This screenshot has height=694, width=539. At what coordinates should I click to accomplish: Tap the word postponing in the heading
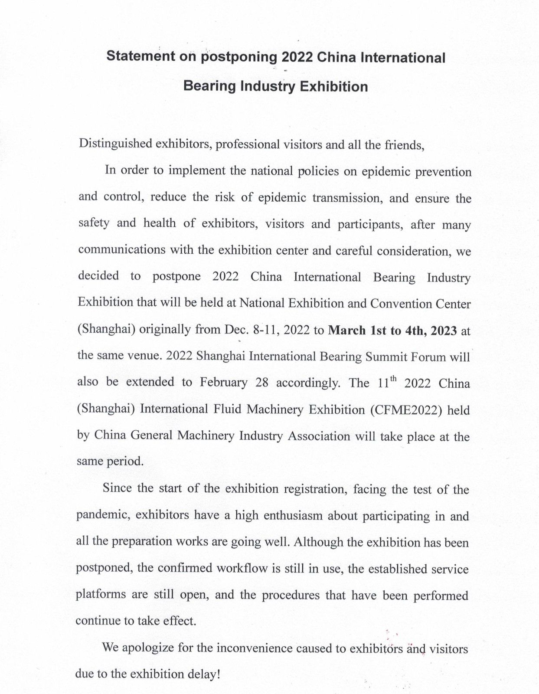[238, 58]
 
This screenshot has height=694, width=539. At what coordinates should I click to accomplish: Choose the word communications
[122, 249]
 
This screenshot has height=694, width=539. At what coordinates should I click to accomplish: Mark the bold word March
[347, 330]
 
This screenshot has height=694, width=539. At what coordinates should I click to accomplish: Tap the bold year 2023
[444, 331]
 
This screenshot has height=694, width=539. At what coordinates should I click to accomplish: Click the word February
[224, 383]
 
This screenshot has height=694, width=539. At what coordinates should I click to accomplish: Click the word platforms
[101, 595]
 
